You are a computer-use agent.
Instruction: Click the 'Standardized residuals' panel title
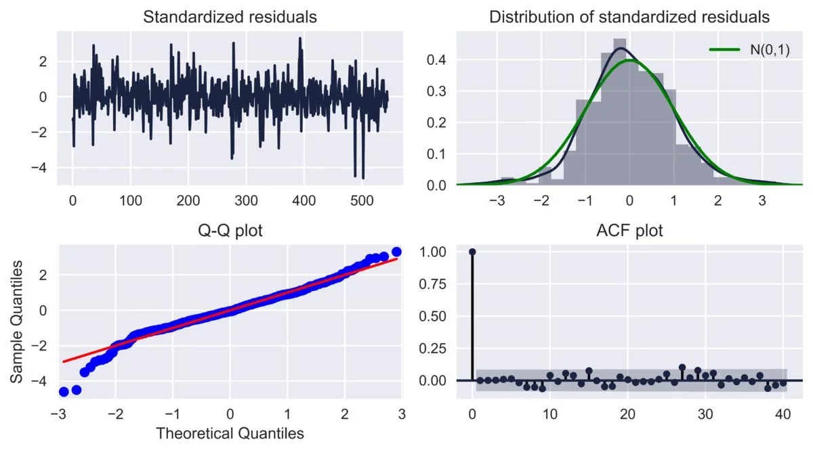tap(230, 17)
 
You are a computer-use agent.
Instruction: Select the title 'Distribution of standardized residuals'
tap(629, 17)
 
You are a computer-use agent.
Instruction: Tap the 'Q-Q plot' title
tap(230, 231)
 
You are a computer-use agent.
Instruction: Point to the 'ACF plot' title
tap(629, 231)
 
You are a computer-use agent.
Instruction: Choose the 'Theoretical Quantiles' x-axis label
tap(230, 433)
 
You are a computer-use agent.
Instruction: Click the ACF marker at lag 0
tap(472, 252)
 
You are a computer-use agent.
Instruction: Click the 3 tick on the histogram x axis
tap(762, 201)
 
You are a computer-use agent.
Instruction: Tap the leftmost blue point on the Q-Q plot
tap(64, 392)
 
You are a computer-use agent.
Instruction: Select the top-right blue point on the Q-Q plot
tap(396, 252)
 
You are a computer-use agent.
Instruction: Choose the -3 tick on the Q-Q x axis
tap(59, 413)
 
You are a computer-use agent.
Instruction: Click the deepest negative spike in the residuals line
tap(363, 178)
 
